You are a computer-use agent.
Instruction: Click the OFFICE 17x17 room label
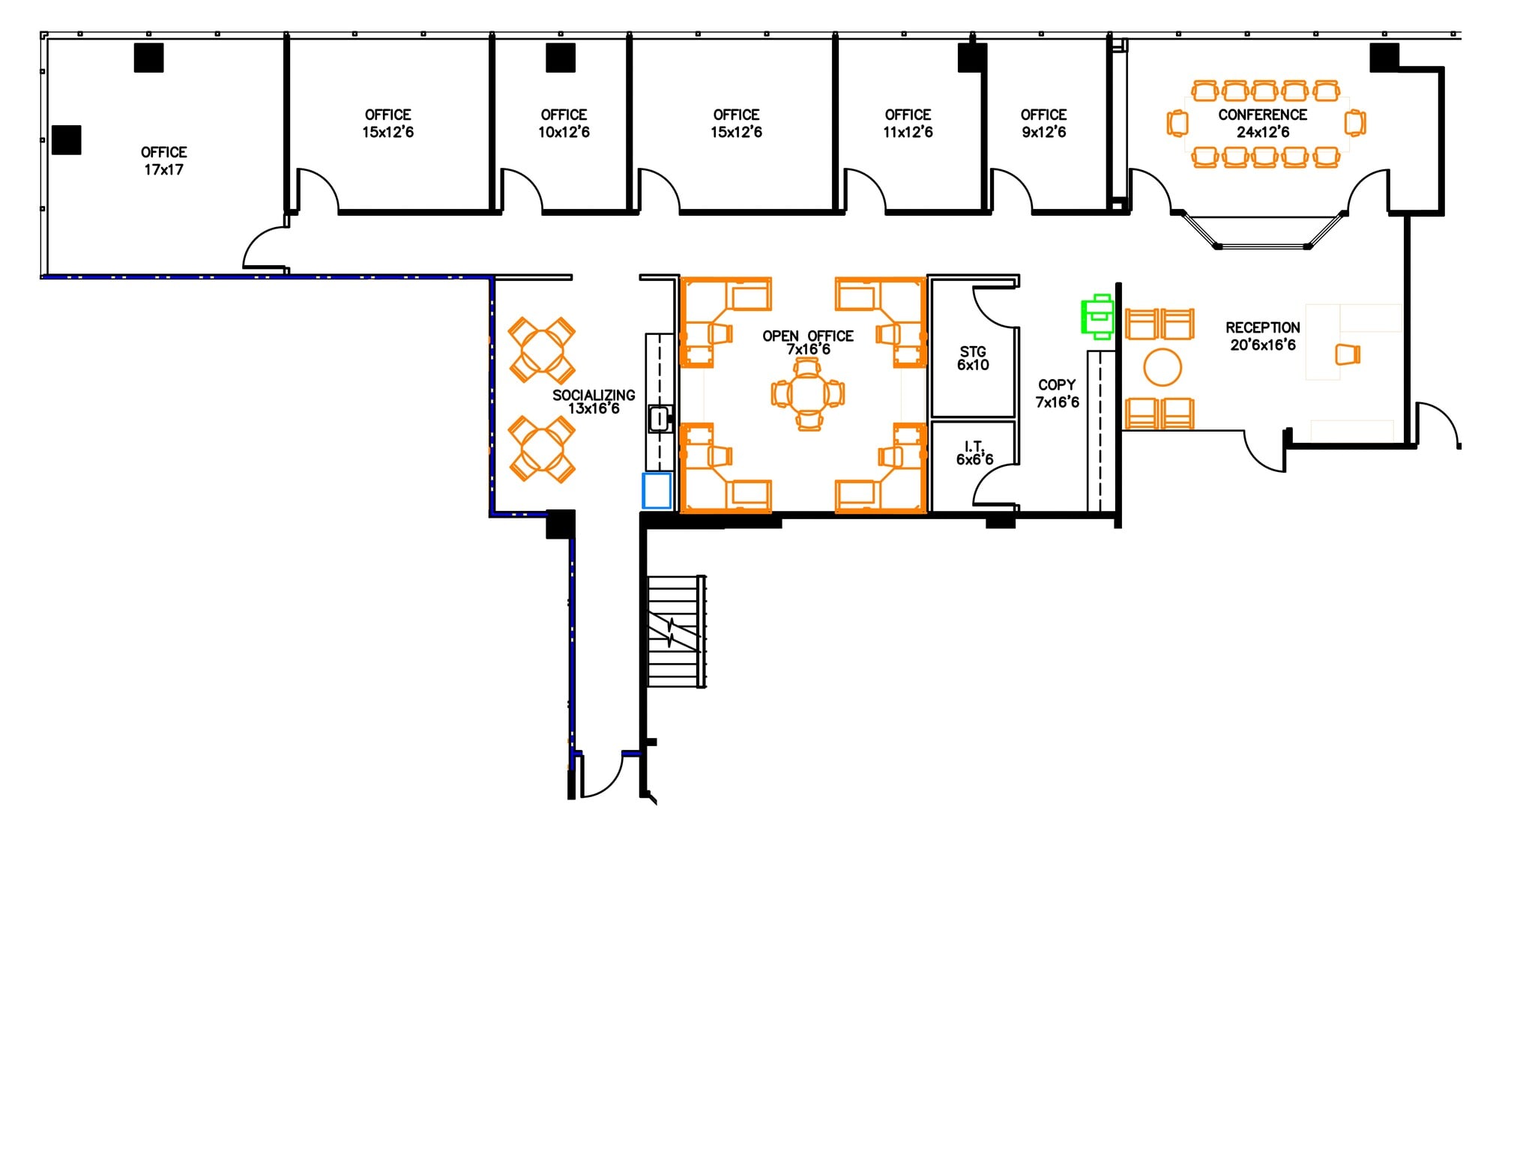pos(163,161)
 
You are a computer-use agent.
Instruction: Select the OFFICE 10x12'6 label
pos(564,124)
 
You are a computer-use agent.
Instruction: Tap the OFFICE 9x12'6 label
pos(1043,124)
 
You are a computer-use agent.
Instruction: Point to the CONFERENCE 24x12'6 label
pos(1262,124)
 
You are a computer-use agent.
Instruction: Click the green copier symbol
pos(1098,316)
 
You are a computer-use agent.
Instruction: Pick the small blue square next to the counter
pos(657,491)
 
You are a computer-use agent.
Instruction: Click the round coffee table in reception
pos(1162,367)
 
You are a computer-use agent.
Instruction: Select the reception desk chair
pos(1348,354)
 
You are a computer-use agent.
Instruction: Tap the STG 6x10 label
pos(973,358)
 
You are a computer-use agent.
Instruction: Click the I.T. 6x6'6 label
pos(974,453)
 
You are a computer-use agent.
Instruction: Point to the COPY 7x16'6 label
pos(1057,393)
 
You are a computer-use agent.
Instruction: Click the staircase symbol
pos(676,631)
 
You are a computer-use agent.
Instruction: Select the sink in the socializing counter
pos(660,419)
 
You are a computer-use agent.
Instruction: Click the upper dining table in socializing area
pos(541,350)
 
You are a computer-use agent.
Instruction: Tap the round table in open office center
pos(808,393)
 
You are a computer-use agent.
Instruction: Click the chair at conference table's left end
pos(1177,123)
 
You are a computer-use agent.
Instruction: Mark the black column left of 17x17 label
pos(66,140)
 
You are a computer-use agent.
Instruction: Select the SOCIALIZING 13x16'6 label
pos(594,402)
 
